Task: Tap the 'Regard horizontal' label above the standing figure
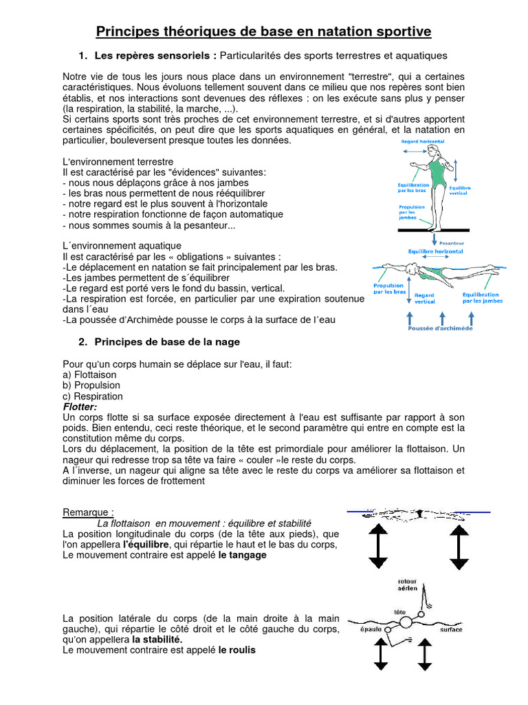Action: click(x=422, y=142)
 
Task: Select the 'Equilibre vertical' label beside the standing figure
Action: click(x=459, y=191)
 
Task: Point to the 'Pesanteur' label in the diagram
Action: click(x=452, y=243)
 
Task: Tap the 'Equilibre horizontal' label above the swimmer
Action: click(x=436, y=252)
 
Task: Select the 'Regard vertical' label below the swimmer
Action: click(x=425, y=298)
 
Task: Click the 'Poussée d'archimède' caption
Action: click(x=441, y=328)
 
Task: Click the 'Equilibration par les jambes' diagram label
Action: click(x=482, y=297)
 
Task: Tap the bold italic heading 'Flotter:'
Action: click(x=80, y=407)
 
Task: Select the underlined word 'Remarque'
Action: click(x=87, y=512)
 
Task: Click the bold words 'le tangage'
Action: click(x=242, y=555)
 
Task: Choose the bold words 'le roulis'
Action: click(x=236, y=649)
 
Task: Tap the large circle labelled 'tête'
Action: click(x=405, y=622)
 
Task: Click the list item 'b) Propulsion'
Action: click(x=90, y=386)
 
